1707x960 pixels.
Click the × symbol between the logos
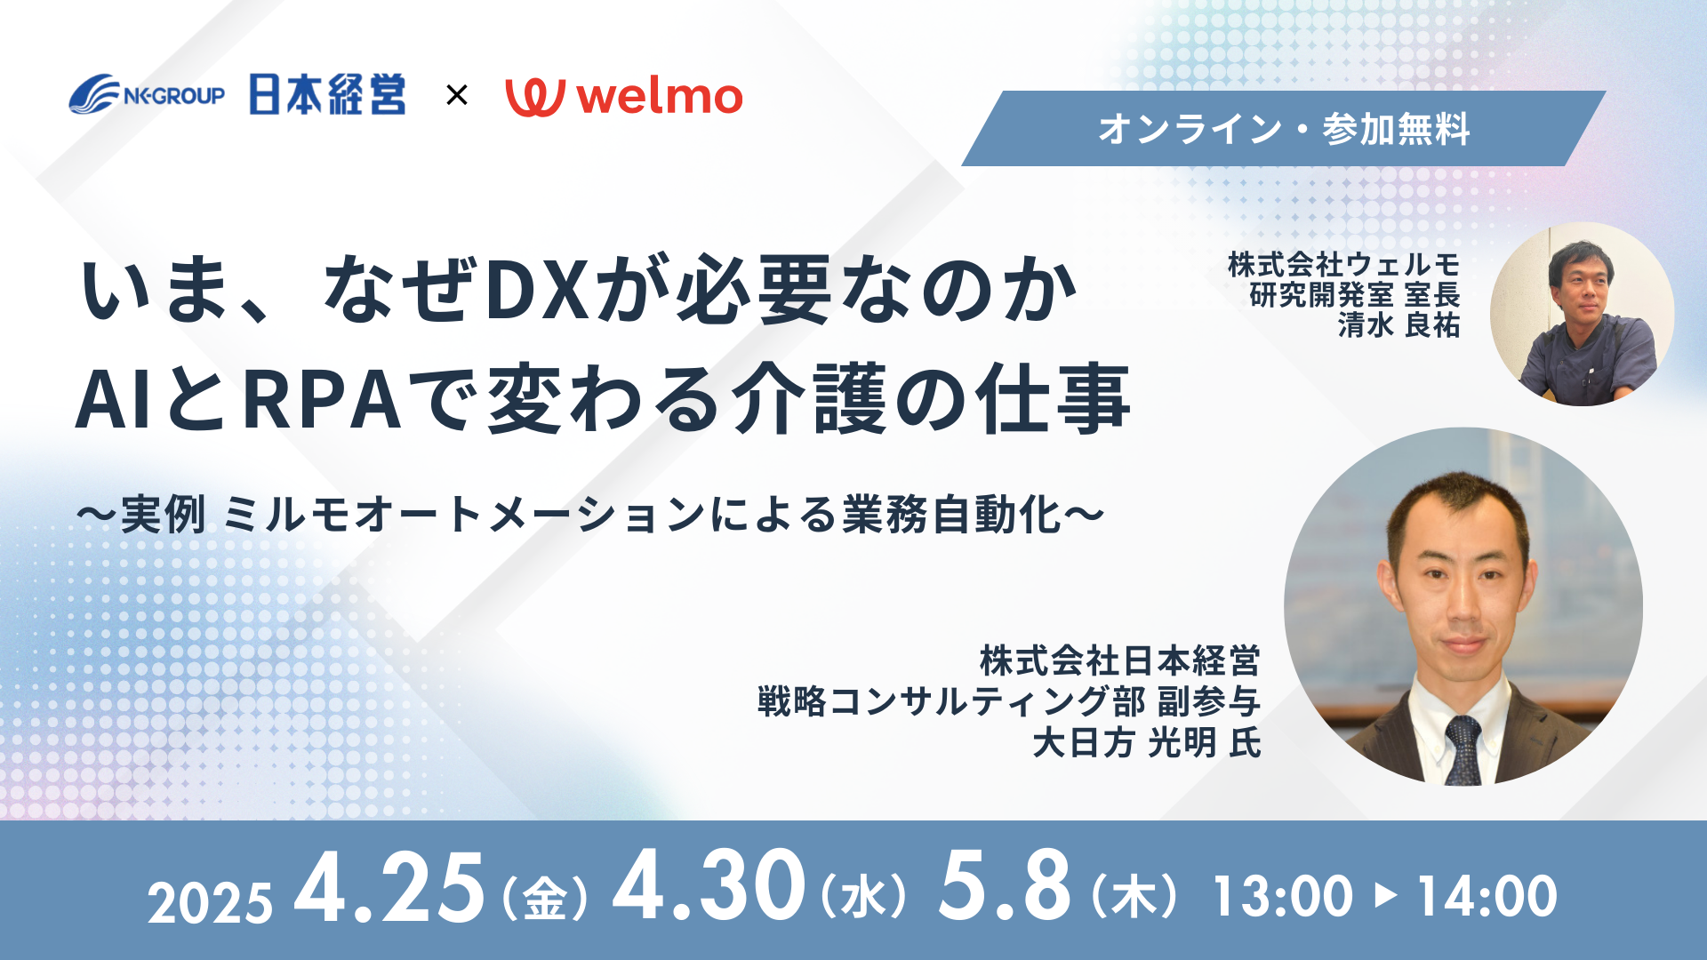click(456, 95)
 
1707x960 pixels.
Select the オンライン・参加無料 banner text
click(1284, 129)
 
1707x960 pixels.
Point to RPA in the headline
click(322, 400)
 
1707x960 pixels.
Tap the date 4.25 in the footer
click(389, 887)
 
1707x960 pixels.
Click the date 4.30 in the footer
click(709, 885)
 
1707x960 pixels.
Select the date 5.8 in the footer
click(1005, 885)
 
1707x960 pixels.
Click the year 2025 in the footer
click(210, 904)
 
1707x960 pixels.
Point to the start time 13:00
click(1283, 896)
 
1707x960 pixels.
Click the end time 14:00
click(1487, 896)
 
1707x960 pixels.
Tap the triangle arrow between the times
click(1385, 895)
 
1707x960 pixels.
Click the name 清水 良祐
click(1398, 325)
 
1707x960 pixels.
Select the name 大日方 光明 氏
click(1147, 742)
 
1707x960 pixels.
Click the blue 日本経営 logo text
click(327, 94)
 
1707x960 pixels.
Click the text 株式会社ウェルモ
click(1343, 264)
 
